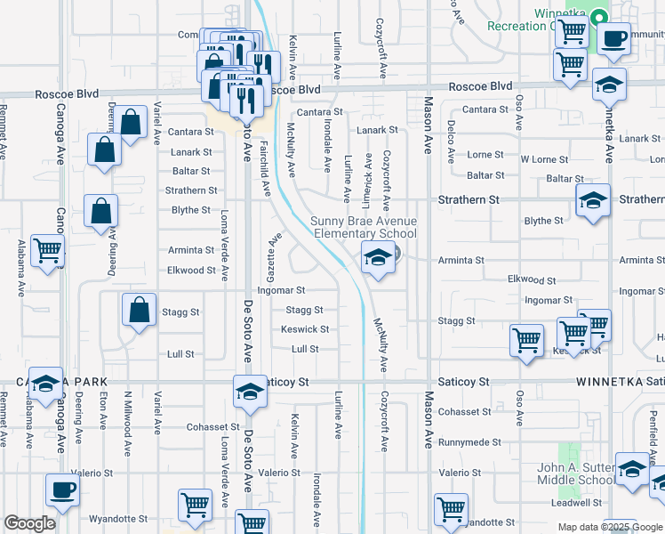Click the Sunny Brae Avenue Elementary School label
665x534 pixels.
pos(363,227)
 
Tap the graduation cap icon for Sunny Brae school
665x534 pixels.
pos(378,258)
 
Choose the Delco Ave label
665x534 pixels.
pos(451,142)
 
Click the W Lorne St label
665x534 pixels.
pos(544,159)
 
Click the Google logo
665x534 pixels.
pos(30,523)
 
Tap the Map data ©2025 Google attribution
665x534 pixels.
pos(610,527)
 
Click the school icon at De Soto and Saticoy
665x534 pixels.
pos(250,392)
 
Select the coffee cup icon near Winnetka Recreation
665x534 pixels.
pos(613,39)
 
